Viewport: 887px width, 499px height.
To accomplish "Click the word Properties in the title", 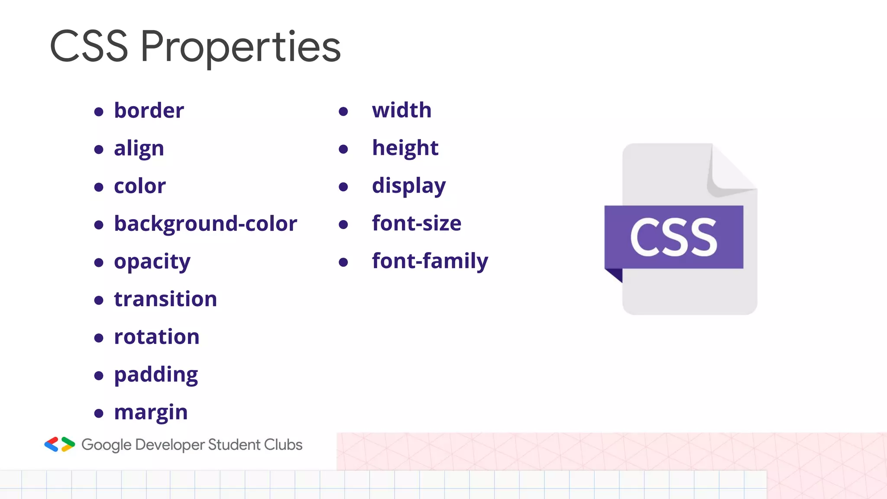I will (240, 47).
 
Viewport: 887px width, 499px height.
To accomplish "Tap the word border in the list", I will (149, 111).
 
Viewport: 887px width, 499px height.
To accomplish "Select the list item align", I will (139, 149).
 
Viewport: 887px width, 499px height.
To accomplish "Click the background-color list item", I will (206, 224).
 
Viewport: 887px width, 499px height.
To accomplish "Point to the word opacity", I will (152, 262).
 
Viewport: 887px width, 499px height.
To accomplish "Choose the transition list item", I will (165, 299).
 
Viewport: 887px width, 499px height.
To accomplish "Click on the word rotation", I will (157, 337).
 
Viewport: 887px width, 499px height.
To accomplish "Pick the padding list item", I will (156, 375).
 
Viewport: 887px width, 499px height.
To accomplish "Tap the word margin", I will (151, 412).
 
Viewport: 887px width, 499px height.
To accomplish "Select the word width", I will (402, 110).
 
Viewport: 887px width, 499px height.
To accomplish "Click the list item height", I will (405, 148).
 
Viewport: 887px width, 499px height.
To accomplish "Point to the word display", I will (409, 186).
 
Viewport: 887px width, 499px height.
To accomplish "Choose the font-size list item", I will (417, 224).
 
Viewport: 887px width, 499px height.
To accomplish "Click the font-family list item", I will (430, 261).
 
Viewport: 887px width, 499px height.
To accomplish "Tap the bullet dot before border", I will (99, 112).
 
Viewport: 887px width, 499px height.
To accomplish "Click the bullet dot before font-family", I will (343, 262).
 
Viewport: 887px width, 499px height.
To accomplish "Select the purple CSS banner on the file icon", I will (674, 237).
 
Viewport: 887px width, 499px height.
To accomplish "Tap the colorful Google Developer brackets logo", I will (60, 444).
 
